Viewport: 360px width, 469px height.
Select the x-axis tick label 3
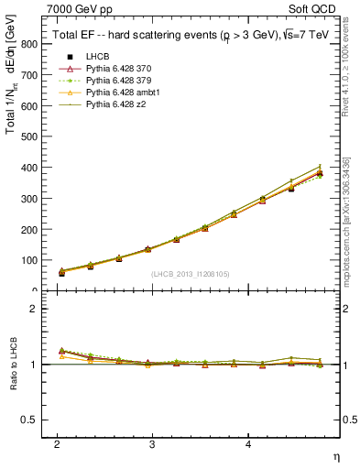152,443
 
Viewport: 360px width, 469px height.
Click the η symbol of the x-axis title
334,455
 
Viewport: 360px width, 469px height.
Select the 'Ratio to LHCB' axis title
12,365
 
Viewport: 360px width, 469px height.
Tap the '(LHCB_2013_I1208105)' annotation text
191,274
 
